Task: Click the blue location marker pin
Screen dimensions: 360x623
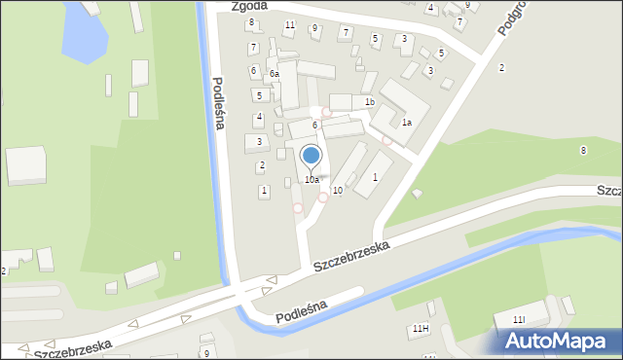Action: [x=311, y=156]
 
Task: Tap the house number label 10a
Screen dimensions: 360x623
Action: [x=311, y=180]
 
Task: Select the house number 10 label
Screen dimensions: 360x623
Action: [x=337, y=191]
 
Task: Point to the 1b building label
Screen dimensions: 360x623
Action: [x=369, y=102]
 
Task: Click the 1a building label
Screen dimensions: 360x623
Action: [x=407, y=123]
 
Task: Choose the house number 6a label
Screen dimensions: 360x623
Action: [x=275, y=74]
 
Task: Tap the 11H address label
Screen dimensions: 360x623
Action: [x=420, y=329]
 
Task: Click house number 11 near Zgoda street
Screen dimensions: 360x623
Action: [x=289, y=24]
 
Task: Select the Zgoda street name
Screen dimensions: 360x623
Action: [x=249, y=6]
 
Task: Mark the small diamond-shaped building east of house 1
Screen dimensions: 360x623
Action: [x=417, y=194]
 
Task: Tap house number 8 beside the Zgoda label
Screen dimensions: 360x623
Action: [x=251, y=22]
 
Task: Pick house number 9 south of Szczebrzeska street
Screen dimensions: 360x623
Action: [x=206, y=353]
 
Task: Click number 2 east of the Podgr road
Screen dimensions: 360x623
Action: [x=501, y=67]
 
